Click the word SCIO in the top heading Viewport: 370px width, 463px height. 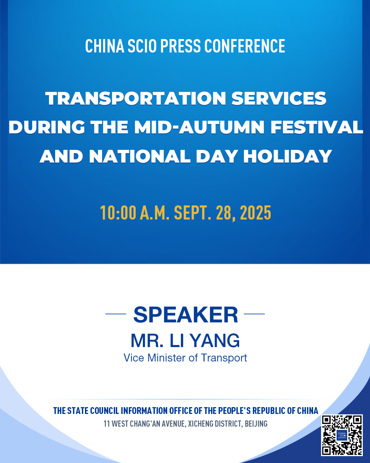click(x=142, y=46)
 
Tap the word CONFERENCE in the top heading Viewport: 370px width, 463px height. click(x=245, y=46)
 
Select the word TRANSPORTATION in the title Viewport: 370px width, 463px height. click(x=136, y=98)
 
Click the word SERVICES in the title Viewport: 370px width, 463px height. click(x=279, y=98)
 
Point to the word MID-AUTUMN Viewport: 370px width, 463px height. click(x=199, y=127)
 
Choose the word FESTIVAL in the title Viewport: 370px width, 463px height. click(x=317, y=127)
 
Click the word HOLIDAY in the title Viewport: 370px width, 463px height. click(x=288, y=156)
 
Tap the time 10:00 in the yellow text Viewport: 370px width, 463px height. click(x=118, y=213)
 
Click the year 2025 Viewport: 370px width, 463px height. click(x=256, y=213)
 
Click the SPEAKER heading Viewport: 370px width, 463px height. click(x=186, y=314)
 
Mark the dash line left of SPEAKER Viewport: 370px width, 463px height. click(x=116, y=314)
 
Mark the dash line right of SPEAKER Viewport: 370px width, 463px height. click(x=254, y=314)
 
